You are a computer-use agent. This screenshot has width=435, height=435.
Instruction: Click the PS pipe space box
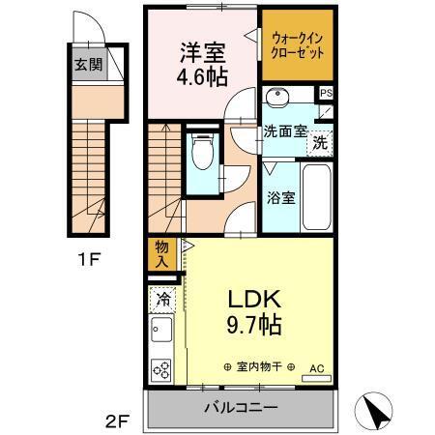326,94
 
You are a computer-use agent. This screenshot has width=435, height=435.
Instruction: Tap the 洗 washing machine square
318,143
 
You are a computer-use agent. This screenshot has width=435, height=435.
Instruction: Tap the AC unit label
316,368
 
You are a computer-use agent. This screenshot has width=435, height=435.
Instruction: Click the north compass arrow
377,414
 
